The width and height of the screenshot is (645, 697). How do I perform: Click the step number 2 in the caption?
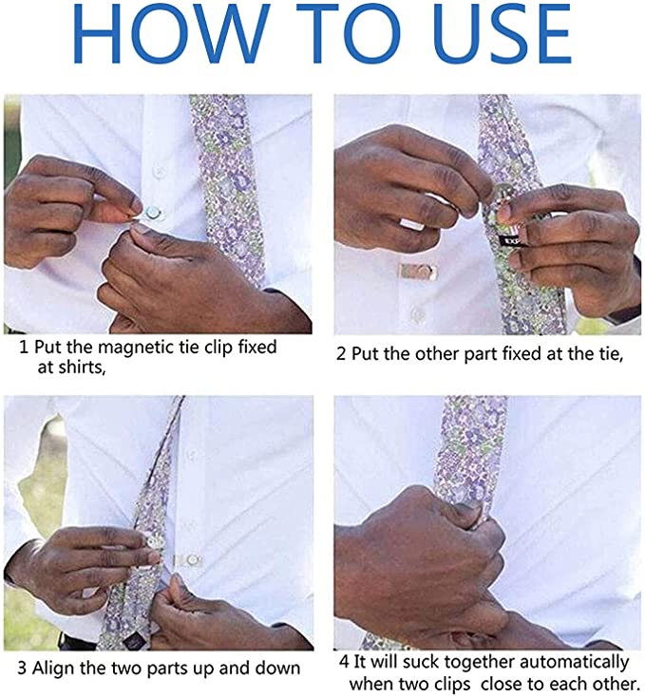(340, 355)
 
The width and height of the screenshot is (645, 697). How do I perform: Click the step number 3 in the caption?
(22, 669)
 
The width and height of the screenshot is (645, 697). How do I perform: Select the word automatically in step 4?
(575, 663)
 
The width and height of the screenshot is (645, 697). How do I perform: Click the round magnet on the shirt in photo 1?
(153, 213)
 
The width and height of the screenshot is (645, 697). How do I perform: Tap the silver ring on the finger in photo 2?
(411, 224)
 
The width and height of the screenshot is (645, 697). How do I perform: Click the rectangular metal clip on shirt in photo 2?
(418, 272)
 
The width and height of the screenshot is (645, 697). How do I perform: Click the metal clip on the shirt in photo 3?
(189, 561)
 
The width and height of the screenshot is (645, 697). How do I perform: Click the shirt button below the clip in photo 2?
(417, 313)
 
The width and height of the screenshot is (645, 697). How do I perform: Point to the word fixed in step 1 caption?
(257, 348)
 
